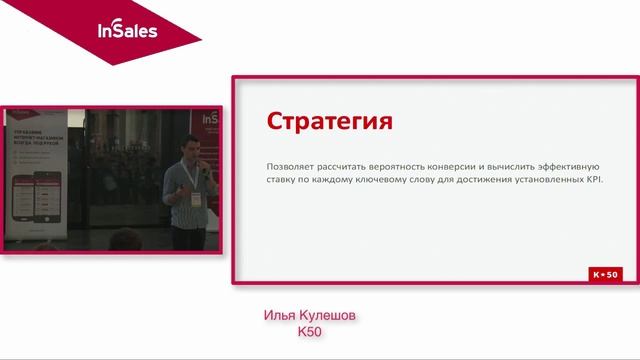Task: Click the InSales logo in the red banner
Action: [x=126, y=30]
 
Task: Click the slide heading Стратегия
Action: [x=329, y=122]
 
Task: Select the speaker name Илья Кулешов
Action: [x=310, y=316]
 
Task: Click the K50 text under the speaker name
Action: [x=310, y=332]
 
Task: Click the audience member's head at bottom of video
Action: [x=124, y=239]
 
